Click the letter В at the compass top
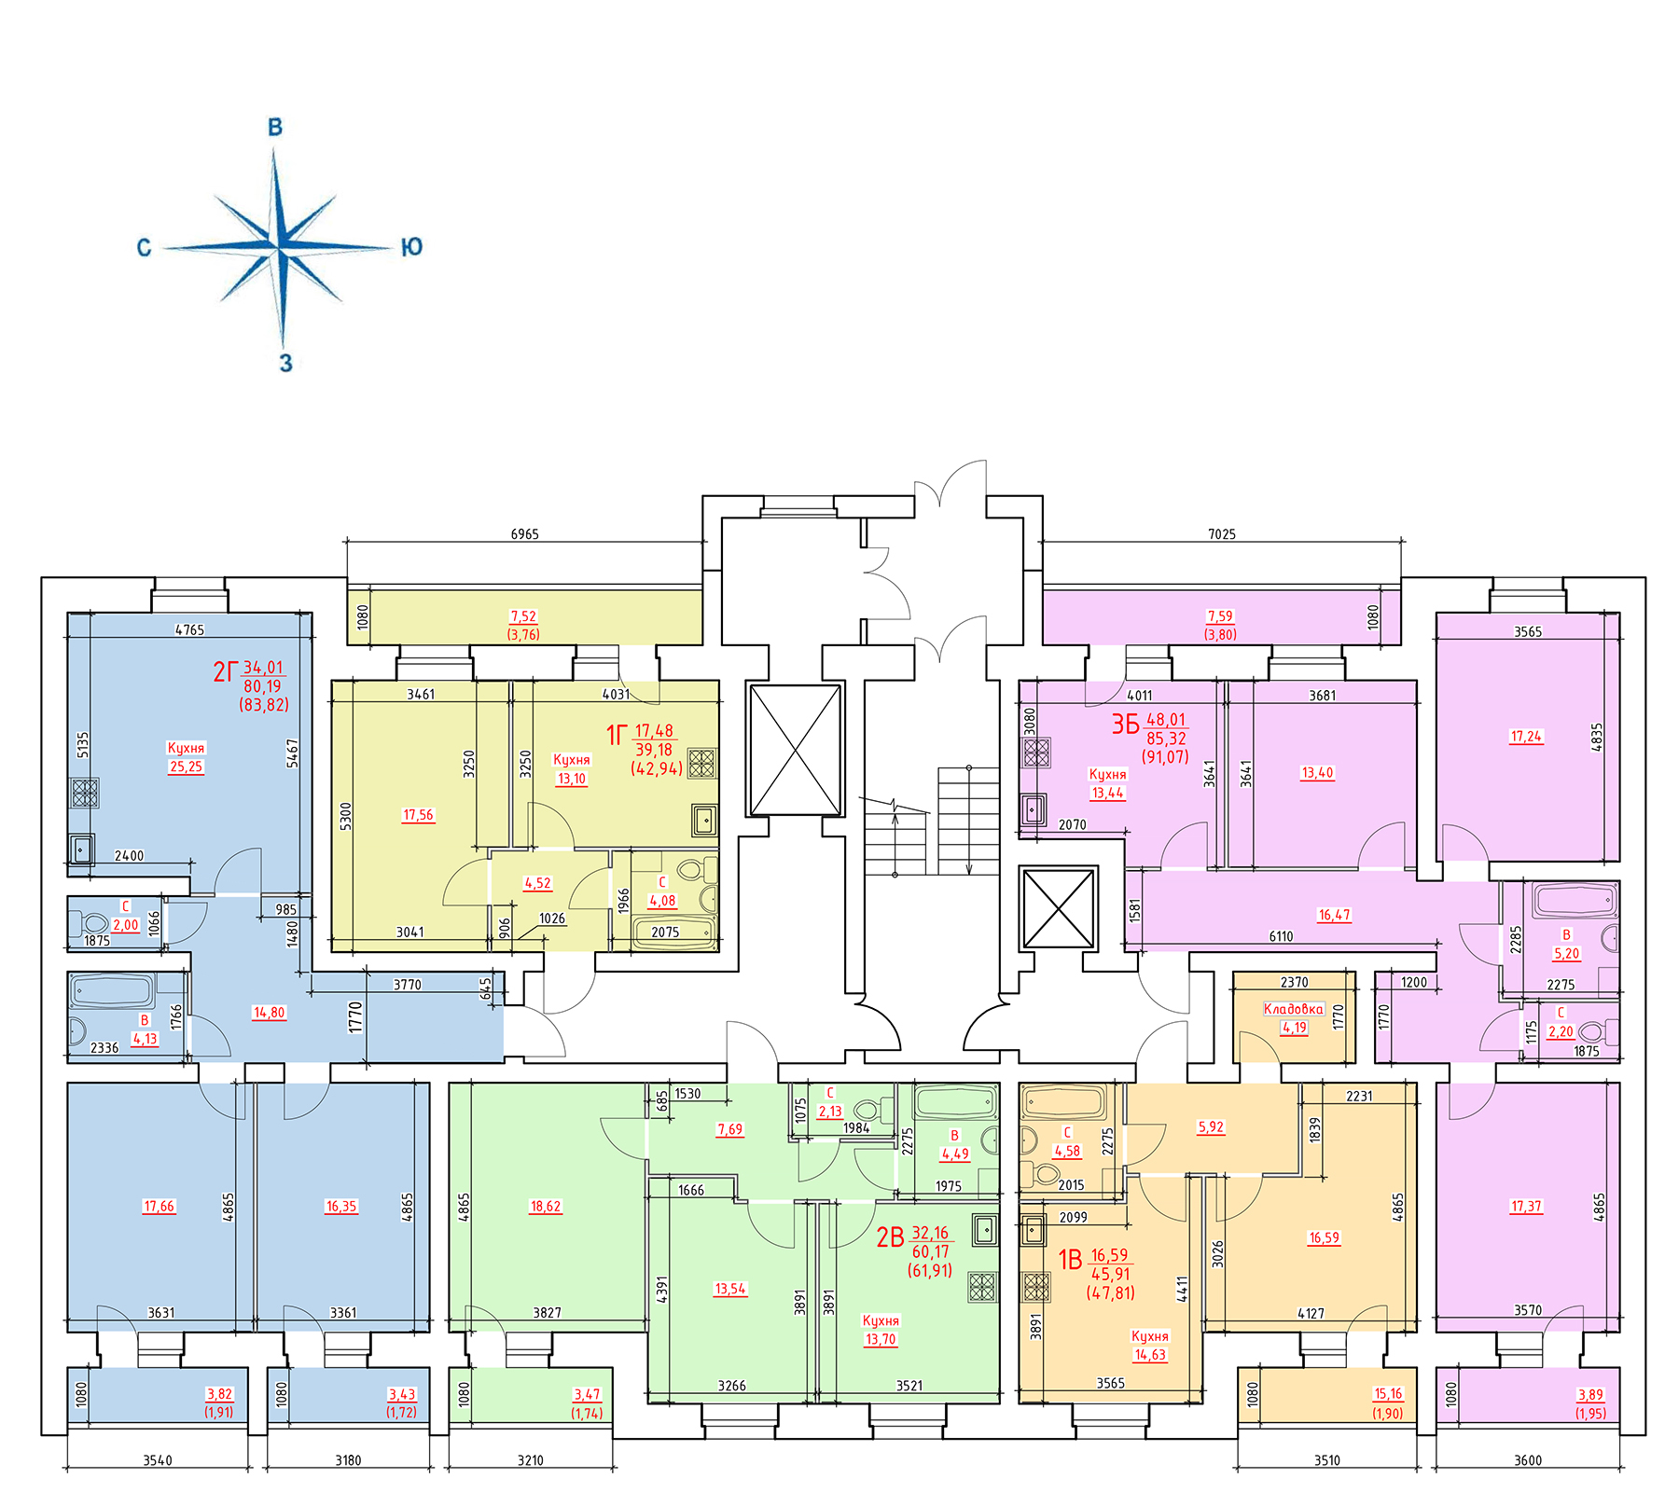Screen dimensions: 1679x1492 (275, 127)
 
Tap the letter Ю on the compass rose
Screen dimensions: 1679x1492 (411, 246)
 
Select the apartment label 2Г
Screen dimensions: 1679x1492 (226, 671)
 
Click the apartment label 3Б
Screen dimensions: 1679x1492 (1125, 725)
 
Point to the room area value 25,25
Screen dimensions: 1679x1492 (186, 767)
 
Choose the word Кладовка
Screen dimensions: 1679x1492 (1293, 1009)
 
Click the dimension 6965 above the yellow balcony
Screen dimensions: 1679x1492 (524, 534)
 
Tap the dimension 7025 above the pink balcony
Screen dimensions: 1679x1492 (1221, 534)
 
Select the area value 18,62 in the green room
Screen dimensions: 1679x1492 (546, 1206)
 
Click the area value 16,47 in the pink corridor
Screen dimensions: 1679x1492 (1334, 915)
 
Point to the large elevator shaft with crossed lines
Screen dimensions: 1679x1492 (795, 750)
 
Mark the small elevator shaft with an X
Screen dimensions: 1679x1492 (1059, 908)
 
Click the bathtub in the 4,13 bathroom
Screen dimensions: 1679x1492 (112, 990)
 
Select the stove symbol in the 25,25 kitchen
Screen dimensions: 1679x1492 (84, 793)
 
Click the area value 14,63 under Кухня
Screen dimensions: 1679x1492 (1150, 1355)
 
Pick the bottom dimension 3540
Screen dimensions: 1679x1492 (158, 1460)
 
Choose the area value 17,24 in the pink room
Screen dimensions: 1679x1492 (1527, 736)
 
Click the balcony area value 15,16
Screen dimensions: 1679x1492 (1388, 1393)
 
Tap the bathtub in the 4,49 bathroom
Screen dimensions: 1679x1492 (956, 1101)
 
